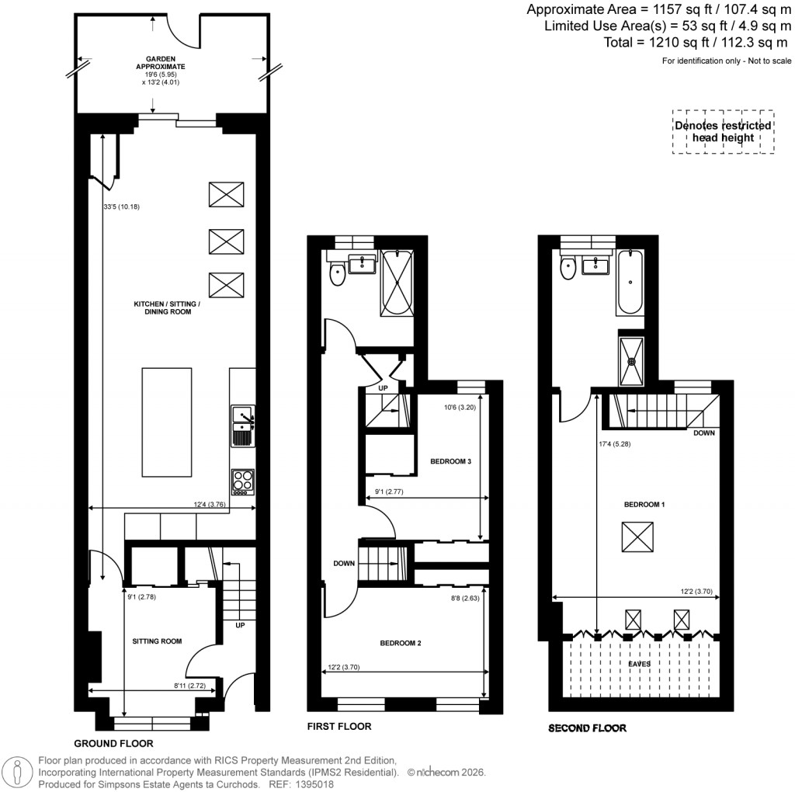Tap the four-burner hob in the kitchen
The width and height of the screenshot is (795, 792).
(243, 481)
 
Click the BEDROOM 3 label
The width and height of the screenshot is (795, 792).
(450, 462)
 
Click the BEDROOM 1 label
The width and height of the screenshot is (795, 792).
(645, 505)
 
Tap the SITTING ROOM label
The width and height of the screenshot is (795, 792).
(157, 641)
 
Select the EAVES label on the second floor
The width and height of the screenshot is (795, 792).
(640, 665)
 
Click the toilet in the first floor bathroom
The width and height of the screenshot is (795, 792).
(338, 273)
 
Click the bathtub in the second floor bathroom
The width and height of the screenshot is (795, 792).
(629, 283)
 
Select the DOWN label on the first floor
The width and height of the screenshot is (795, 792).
(344, 564)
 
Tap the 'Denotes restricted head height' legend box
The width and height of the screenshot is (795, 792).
(722, 131)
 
